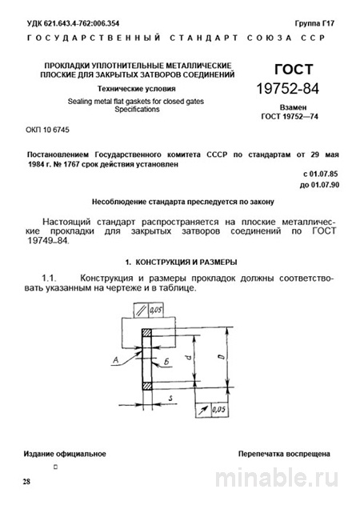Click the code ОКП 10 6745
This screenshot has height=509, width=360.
point(47,130)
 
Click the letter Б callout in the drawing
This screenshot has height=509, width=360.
point(164,363)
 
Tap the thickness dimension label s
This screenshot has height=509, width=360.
point(170,396)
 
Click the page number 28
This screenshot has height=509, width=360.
point(27,483)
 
